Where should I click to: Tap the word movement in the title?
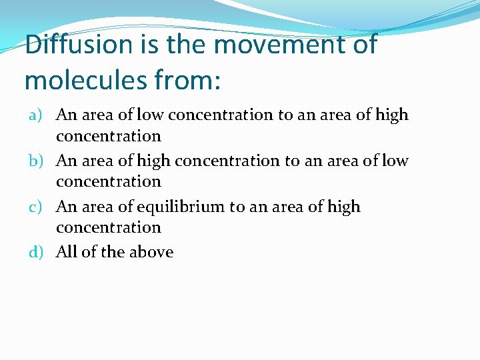(x=275, y=45)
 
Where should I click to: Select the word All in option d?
(x=67, y=252)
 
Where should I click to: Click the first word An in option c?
(x=66, y=207)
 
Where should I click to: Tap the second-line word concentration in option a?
(x=109, y=136)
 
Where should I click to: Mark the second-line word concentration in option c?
(x=109, y=227)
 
